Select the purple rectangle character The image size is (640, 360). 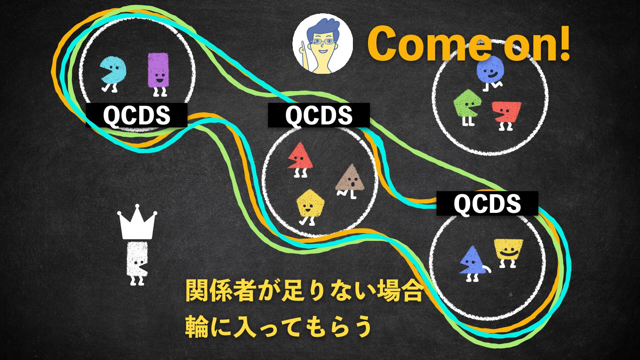point(158,70)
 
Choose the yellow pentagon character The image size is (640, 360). point(310,203)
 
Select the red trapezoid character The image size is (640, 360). point(508,112)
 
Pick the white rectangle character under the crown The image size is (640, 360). point(136,260)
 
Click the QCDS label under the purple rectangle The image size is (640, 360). point(136,116)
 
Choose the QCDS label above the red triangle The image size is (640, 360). point(319,116)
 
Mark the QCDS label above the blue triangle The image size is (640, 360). point(487,204)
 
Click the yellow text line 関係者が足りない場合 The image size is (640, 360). point(304,291)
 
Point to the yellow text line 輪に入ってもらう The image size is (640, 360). point(278,327)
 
